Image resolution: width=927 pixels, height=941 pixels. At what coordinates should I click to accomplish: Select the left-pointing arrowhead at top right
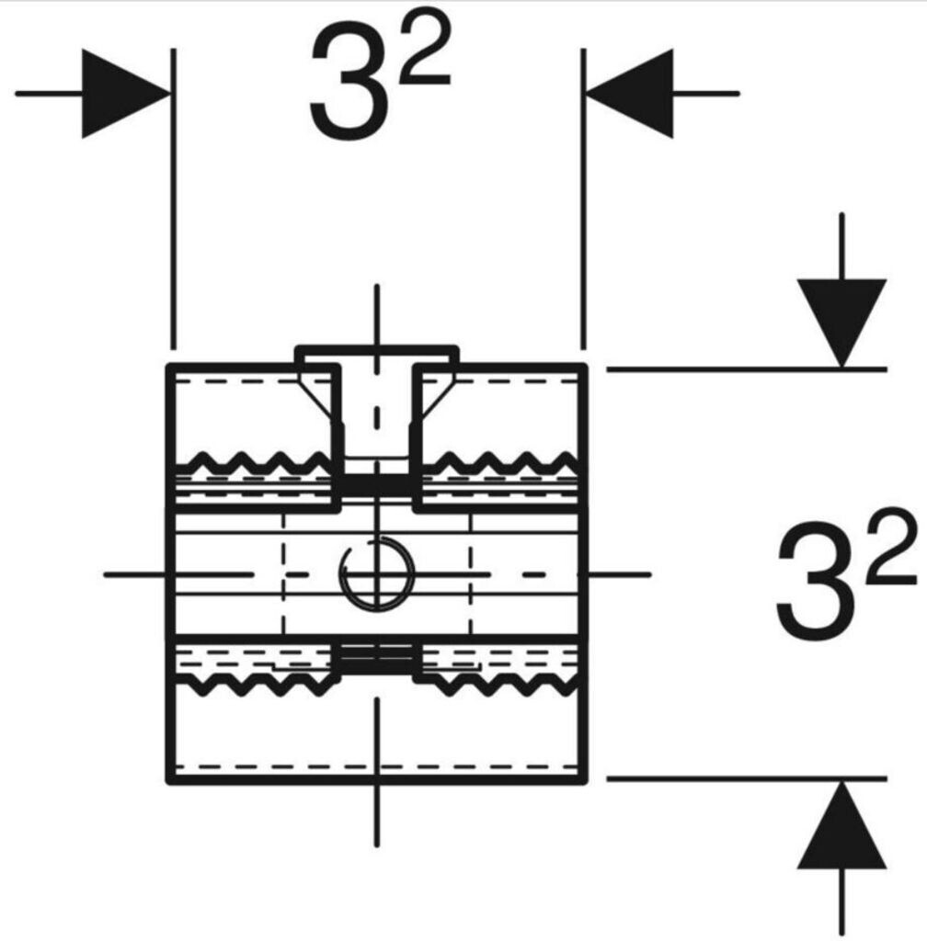point(629,94)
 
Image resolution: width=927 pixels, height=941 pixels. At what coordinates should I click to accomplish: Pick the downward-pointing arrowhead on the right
point(841,323)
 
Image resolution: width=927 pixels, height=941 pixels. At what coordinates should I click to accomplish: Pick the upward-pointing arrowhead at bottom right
point(841,824)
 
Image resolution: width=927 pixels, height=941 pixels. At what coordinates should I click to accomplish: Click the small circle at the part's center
point(376,575)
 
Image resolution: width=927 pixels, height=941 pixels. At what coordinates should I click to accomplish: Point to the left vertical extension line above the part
point(174,198)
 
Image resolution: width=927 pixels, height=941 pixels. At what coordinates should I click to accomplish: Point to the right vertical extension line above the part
point(583,198)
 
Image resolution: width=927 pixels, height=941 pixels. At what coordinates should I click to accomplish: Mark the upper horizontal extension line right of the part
point(747,369)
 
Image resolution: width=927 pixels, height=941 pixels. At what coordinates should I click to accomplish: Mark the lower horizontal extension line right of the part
point(747,779)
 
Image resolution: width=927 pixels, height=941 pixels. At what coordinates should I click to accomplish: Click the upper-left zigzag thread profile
point(254,462)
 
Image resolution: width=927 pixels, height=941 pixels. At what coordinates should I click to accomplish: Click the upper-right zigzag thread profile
point(499,462)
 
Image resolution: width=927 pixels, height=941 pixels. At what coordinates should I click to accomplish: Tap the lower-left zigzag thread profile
point(254,684)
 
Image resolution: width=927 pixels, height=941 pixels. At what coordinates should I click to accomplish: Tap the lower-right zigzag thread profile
point(499,684)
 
